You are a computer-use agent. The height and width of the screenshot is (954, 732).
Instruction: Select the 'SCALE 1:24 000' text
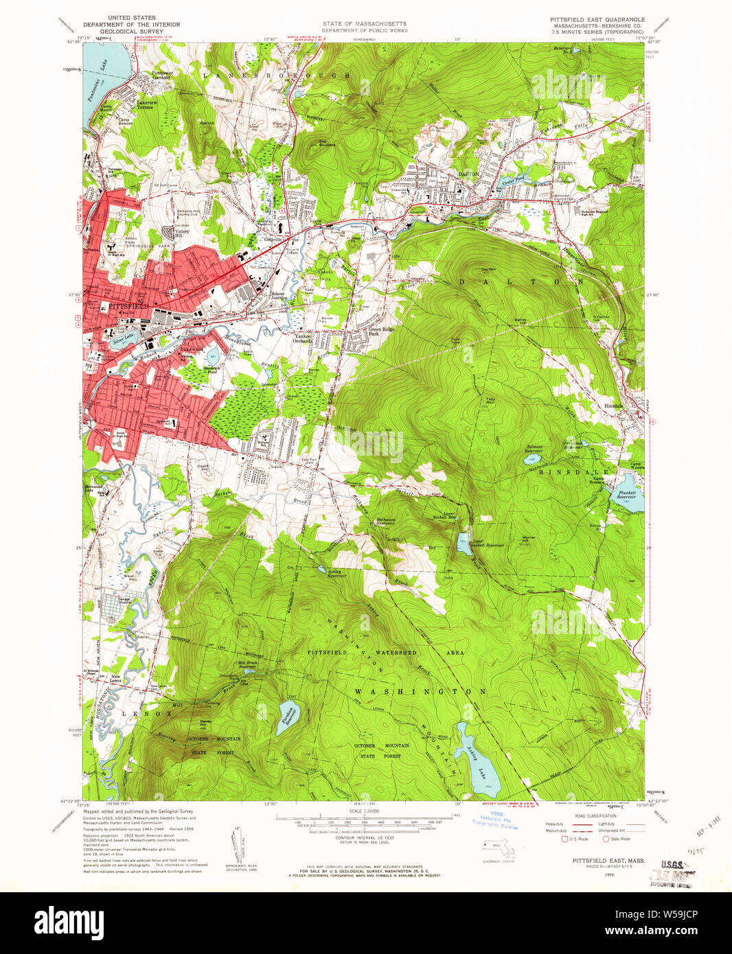363,811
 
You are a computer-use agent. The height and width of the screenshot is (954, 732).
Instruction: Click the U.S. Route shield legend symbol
565,839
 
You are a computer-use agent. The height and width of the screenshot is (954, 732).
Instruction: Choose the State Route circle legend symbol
606,839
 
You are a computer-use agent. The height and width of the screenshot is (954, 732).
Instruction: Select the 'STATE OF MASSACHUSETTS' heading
365,24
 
